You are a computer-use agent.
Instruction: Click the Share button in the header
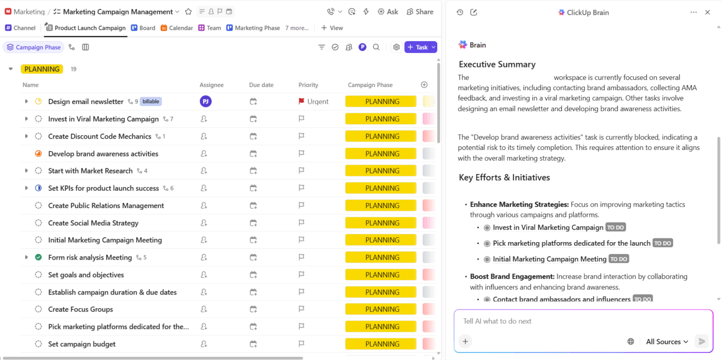pos(420,11)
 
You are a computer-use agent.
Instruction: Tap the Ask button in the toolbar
pos(388,11)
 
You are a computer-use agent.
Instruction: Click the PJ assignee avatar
pos(205,101)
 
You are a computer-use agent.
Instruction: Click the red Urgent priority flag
pos(302,101)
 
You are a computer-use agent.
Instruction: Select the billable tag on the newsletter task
pos(151,101)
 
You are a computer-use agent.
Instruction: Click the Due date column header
pos(261,85)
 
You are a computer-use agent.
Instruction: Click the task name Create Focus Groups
pos(80,309)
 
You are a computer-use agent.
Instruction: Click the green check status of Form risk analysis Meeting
pos(38,258)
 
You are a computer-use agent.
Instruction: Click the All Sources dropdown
pos(667,341)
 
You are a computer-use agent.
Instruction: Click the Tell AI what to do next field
pos(566,321)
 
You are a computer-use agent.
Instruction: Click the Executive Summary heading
pos(497,64)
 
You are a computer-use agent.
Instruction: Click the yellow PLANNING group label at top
pos(42,69)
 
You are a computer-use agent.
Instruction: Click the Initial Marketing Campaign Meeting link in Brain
pos(549,259)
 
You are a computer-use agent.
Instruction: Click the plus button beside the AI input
pos(465,341)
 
